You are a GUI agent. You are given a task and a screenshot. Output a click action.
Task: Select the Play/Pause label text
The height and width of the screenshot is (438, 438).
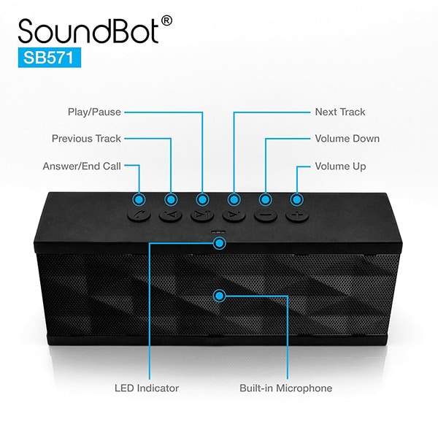[x=94, y=112]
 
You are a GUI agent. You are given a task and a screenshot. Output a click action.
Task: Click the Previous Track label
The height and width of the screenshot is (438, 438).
[x=86, y=139]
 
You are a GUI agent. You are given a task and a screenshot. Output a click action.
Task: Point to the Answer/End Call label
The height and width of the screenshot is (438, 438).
[x=82, y=166]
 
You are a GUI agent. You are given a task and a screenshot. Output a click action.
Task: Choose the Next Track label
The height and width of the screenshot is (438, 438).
[x=340, y=112]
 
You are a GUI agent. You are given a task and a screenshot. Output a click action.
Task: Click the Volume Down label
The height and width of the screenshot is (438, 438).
[x=347, y=139]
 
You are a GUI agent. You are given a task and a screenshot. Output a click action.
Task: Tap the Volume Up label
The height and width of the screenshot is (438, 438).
[x=340, y=166]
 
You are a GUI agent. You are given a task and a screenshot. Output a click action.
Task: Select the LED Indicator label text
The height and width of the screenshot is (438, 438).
[x=147, y=388]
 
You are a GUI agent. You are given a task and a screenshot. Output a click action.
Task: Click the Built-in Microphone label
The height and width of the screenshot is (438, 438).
[x=286, y=388]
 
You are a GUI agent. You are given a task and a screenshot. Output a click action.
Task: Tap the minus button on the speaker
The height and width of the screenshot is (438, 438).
[x=265, y=216]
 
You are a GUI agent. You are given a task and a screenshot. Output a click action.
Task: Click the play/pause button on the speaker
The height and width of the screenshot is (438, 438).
[x=201, y=216]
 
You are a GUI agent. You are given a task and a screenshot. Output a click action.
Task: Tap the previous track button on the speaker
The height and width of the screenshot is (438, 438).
[x=170, y=216]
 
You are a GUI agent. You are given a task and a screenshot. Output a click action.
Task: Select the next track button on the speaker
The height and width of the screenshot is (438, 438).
[x=234, y=216]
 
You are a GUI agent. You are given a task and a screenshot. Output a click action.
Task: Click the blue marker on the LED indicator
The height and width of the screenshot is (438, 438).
[x=217, y=242]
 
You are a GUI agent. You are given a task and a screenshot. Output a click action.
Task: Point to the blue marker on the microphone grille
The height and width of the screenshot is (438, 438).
[x=218, y=295]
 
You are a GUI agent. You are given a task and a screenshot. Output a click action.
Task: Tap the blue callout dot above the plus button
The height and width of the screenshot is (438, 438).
[x=297, y=199]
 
